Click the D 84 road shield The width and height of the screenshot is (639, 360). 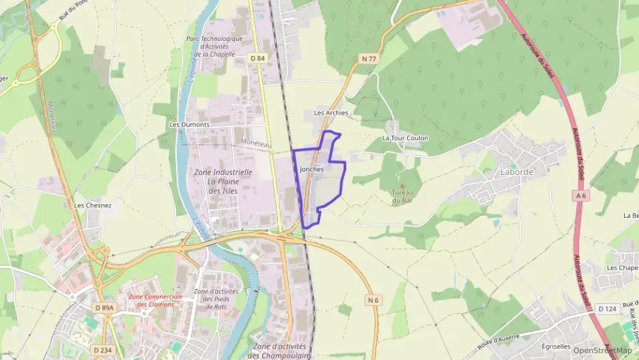point(257,58)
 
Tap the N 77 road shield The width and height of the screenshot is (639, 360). point(369,59)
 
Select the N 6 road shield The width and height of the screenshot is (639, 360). point(373,300)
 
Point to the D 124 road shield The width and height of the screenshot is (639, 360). point(607,309)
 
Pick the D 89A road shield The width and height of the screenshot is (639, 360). point(104,308)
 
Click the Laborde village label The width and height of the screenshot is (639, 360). point(517,171)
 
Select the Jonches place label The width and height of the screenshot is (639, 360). point(311,168)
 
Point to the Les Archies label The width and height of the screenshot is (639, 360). point(330,113)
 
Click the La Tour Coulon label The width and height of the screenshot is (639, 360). point(405,138)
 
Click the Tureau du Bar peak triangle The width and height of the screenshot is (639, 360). point(401,184)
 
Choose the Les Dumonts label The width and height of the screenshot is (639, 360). point(189,125)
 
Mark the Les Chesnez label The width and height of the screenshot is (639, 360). point(93,204)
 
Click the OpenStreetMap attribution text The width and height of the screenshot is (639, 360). point(602,350)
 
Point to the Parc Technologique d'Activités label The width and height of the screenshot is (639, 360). point(214,46)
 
